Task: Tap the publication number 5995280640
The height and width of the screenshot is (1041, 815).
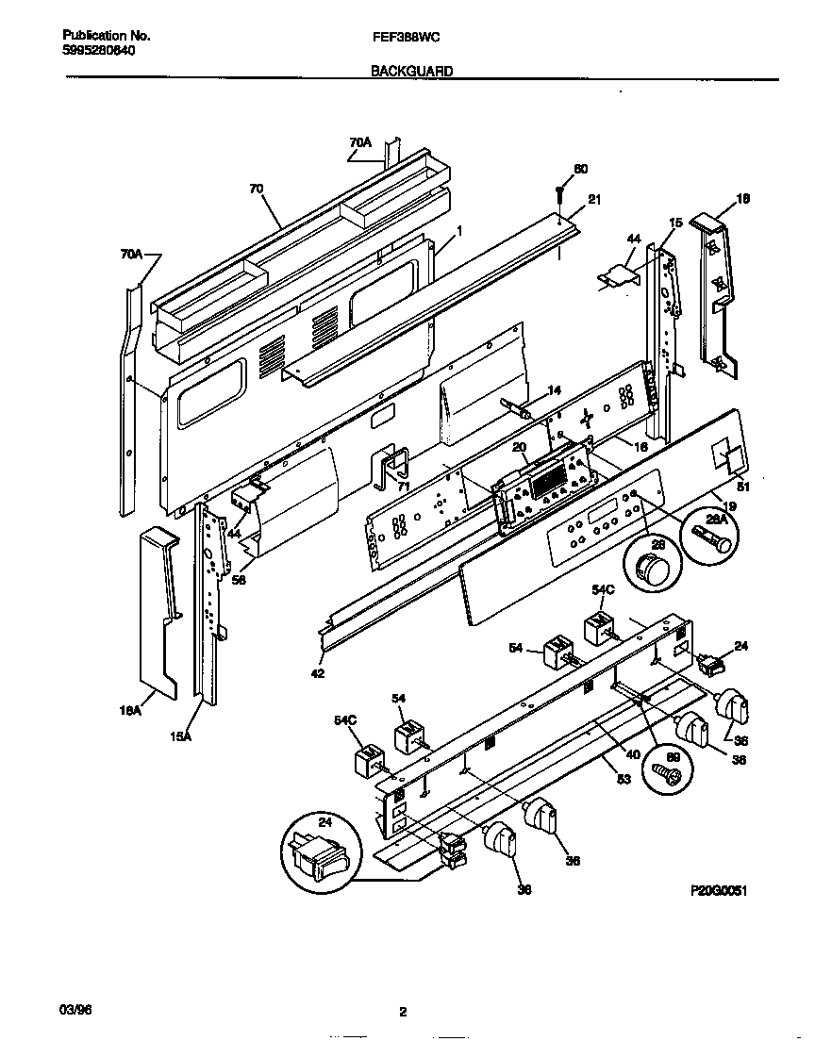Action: (x=91, y=50)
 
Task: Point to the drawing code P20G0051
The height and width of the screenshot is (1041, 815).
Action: (x=718, y=889)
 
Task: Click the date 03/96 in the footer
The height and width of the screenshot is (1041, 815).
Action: (x=75, y=1010)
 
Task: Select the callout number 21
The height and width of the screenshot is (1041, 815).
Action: (x=594, y=200)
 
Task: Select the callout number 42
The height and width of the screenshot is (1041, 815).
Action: (x=318, y=674)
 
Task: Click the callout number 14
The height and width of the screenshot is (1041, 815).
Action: (x=554, y=389)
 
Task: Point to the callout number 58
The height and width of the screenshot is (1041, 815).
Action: (x=239, y=581)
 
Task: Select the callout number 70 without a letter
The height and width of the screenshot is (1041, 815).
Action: (x=256, y=189)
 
